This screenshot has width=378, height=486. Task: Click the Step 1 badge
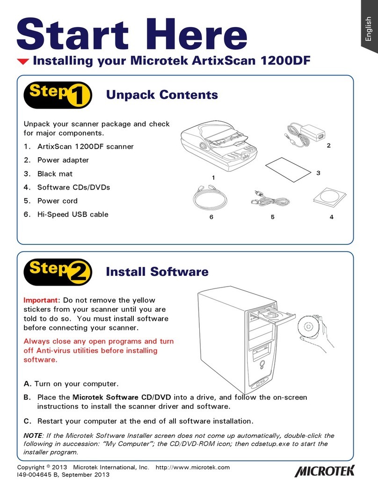(58, 96)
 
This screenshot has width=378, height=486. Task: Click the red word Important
(41, 300)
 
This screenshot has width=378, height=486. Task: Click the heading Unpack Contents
(162, 95)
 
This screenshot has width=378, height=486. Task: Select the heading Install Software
(157, 272)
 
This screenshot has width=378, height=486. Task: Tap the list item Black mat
(55, 174)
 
